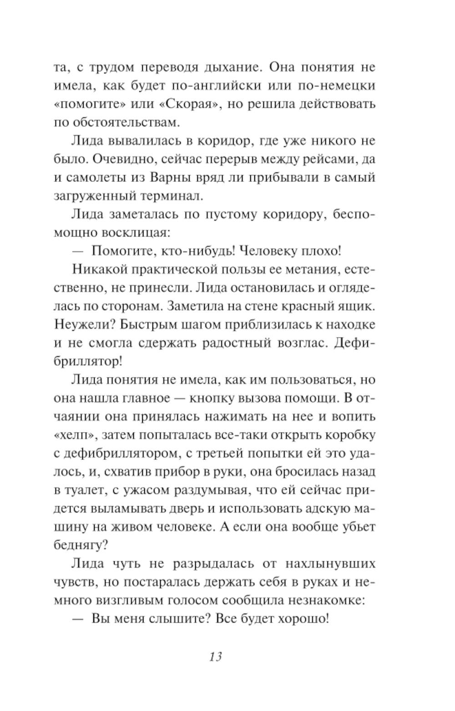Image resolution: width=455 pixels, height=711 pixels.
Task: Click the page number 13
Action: (216, 656)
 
